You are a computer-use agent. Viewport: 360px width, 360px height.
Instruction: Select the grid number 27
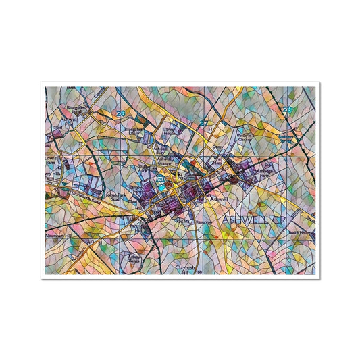[x=204, y=123]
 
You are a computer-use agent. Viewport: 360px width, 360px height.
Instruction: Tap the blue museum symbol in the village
[x=160, y=180]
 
